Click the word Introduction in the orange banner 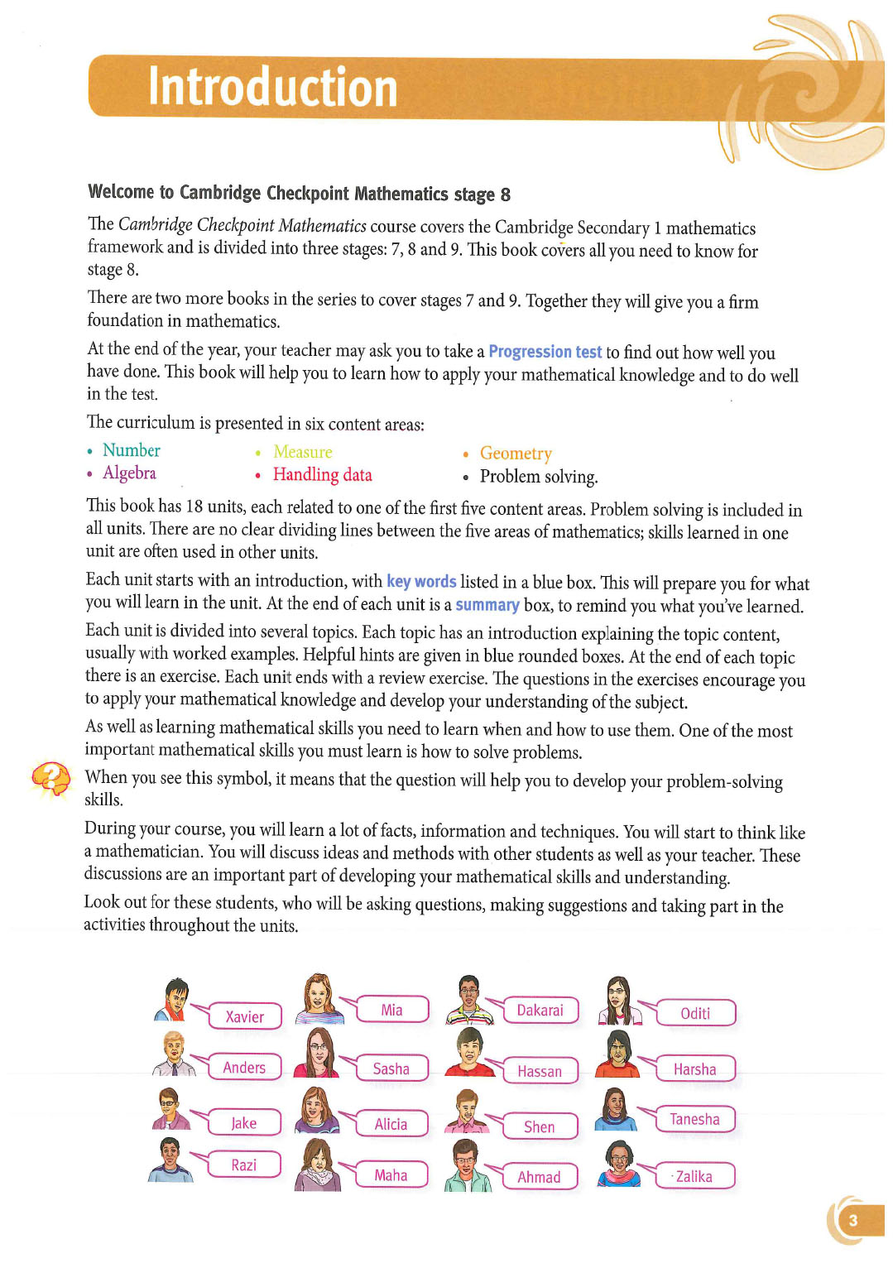point(272,88)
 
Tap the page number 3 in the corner point(852,1220)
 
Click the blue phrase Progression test point(545,352)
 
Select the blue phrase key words point(421,582)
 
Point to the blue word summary point(487,605)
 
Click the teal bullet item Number point(131,450)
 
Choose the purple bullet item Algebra point(129,473)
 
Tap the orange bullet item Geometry point(515,454)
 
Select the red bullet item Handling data point(322,475)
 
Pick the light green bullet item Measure point(302,452)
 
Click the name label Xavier point(245,1016)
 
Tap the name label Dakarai point(540,1010)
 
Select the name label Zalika point(694,1176)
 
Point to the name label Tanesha point(694,1119)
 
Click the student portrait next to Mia point(319,999)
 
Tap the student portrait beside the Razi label point(170,1160)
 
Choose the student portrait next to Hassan point(469,1052)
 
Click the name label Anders point(244,1068)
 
